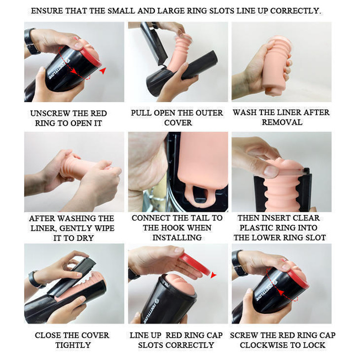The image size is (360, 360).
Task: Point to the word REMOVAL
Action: pos(282,122)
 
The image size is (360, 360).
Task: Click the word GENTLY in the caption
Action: pos(73,228)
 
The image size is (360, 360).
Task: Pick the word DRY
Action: pos(85,238)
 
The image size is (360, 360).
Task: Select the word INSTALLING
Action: pos(177,238)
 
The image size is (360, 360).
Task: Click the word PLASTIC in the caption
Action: pos(256,228)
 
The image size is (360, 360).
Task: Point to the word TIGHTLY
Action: pos(73,345)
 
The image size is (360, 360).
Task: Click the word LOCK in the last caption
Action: pos(315,345)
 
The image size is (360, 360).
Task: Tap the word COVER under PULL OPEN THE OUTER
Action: pos(178,122)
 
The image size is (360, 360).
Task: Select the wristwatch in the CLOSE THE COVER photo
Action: pos(35,280)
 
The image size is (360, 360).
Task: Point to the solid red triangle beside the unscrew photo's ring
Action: pos(103,71)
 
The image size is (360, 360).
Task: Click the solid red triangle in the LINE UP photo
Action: pos(213,275)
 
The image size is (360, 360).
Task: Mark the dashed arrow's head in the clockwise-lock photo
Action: pos(279,292)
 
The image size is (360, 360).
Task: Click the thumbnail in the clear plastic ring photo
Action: pos(271,171)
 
